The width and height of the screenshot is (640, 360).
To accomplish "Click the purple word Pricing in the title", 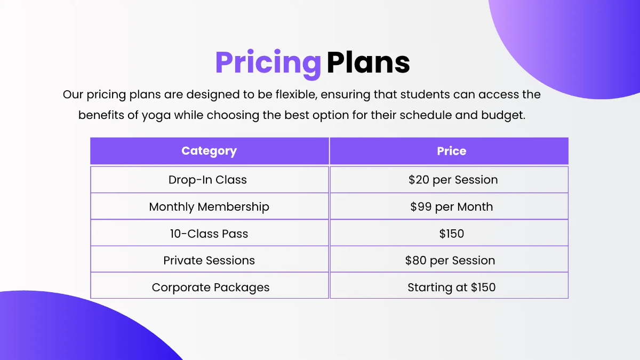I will [x=268, y=63].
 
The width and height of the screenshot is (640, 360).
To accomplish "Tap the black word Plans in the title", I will [x=368, y=63].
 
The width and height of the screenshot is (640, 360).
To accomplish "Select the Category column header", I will [x=209, y=151].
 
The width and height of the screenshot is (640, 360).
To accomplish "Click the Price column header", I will [x=451, y=151].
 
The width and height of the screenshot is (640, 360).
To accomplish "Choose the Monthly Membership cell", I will [x=209, y=206].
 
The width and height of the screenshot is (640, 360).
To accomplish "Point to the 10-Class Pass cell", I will [x=209, y=233].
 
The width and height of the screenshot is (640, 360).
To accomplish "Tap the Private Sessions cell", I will [x=209, y=260].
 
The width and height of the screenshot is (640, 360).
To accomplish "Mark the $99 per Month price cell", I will [x=451, y=206].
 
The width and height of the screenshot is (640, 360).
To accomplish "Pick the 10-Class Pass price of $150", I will [x=451, y=233].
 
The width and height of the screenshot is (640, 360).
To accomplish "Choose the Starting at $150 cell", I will [x=451, y=287].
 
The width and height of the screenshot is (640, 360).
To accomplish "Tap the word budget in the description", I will [x=503, y=115].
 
